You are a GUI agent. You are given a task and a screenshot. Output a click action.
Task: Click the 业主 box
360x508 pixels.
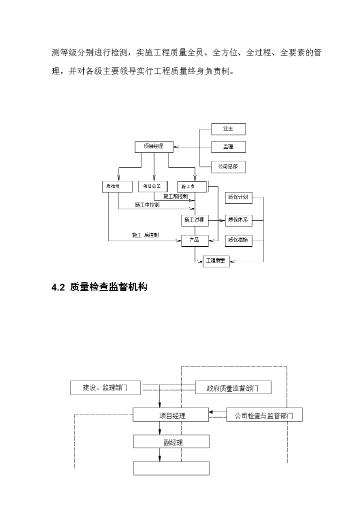(x=228, y=129)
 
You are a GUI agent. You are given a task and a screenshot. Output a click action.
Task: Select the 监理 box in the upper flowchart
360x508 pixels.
(x=228, y=147)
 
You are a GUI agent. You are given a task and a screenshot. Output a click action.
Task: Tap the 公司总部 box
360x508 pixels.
(x=228, y=167)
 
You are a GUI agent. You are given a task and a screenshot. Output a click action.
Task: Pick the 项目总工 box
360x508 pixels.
(x=152, y=187)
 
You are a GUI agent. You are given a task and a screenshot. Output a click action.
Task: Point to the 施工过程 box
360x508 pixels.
(x=194, y=220)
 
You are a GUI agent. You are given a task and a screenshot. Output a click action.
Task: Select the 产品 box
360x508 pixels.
(x=194, y=241)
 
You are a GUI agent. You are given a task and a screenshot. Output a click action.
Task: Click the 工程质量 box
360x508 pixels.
(x=216, y=261)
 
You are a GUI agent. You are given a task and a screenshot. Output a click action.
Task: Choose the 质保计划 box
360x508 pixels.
(x=238, y=198)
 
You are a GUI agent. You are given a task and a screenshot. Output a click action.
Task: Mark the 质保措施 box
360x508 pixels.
(x=238, y=241)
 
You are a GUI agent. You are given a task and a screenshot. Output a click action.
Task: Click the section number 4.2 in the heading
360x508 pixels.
(x=58, y=287)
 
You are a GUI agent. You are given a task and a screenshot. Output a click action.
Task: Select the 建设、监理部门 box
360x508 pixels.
(x=105, y=388)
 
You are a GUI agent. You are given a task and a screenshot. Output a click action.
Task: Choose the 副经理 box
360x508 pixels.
(x=171, y=442)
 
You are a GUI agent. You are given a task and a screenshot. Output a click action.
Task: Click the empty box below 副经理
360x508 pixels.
(x=171, y=468)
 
